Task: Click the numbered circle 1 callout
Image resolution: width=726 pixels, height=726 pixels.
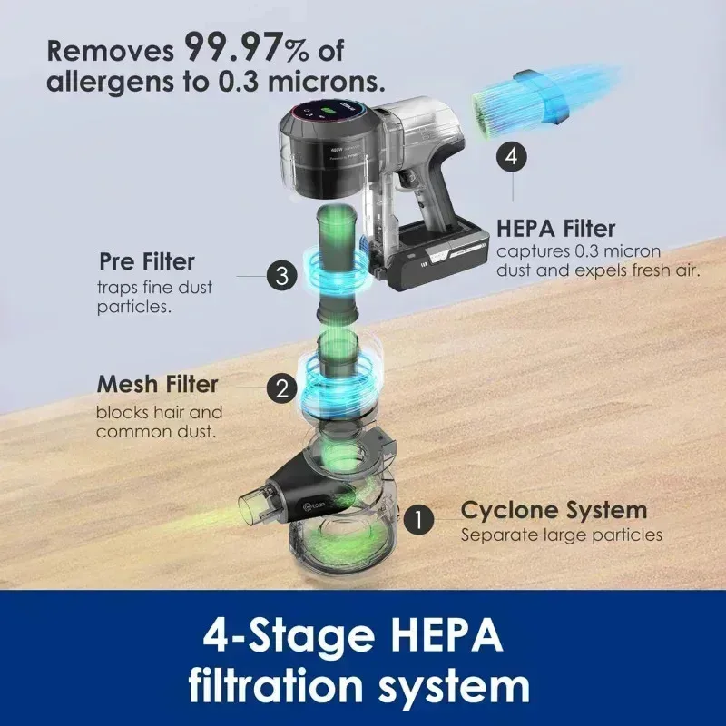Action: tap(418, 520)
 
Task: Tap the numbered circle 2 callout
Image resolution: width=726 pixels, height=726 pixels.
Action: tap(282, 388)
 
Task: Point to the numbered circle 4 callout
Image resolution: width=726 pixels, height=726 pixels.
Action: tap(513, 156)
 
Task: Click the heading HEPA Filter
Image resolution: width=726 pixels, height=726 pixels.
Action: tap(556, 228)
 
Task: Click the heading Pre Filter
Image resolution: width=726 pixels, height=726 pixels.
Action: tap(146, 261)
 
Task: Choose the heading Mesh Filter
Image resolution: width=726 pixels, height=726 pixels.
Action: tap(157, 384)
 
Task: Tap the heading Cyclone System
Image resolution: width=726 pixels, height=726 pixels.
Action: tap(554, 509)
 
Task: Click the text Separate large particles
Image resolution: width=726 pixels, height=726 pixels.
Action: tap(561, 535)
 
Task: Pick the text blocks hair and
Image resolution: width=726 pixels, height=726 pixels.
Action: tap(159, 412)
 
